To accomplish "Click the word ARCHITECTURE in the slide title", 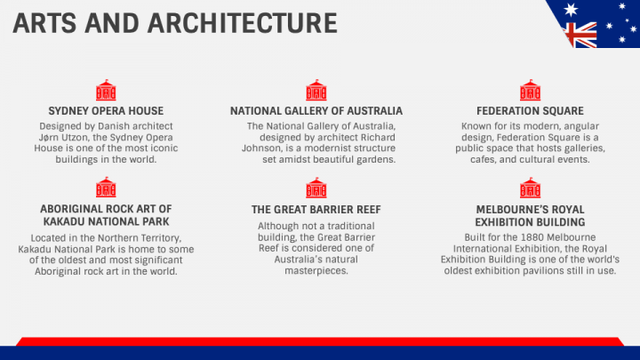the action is (243, 23).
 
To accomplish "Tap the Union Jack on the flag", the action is (580, 35).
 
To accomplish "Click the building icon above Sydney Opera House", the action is (106, 90).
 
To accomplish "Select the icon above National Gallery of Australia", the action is (316, 90).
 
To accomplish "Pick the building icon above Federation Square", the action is (530, 90).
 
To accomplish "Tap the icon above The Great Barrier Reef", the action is (316, 188).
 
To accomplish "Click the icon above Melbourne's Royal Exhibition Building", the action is (530, 188).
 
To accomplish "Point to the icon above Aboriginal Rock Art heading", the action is (106, 188).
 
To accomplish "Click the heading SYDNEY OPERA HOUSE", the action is (106, 111).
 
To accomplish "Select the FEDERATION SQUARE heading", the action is (530, 111).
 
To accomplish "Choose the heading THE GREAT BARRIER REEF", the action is (316, 210).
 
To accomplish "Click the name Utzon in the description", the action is (76, 138).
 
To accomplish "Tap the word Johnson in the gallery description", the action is (261, 148).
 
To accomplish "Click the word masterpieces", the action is (316, 271).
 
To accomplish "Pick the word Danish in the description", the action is (111, 126).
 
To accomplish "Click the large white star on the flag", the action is (571, 10).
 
